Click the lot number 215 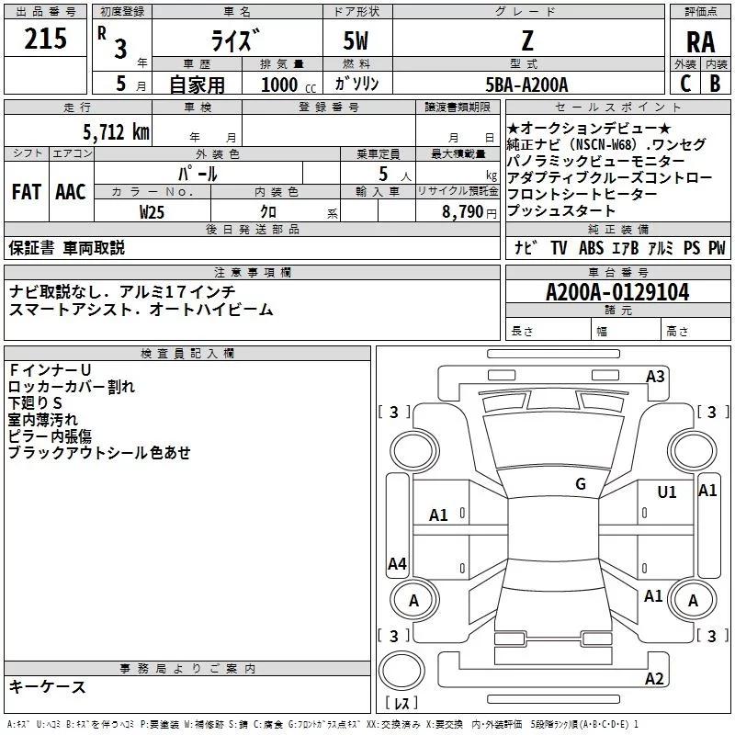[46, 39]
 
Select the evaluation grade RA [700, 42]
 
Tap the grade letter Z [526, 40]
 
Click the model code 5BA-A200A [526, 84]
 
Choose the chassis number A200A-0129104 [616, 293]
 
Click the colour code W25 [153, 211]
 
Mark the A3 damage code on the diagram [655, 376]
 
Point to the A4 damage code [397, 564]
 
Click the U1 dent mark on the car [667, 492]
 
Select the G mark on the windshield [581, 484]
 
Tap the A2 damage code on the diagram [654, 679]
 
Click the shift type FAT [26, 192]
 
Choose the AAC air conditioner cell [71, 192]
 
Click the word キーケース [48, 686]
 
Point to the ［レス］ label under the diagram [401, 704]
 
